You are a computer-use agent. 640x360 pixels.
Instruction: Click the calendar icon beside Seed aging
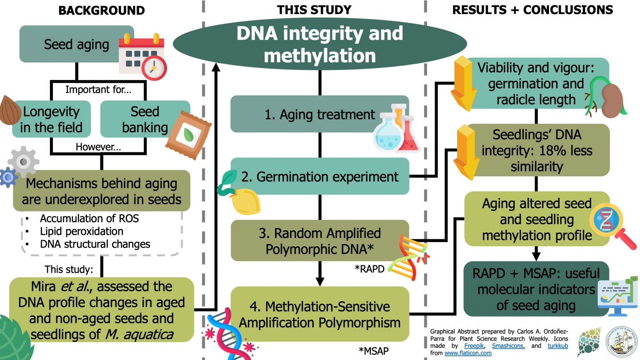(142, 56)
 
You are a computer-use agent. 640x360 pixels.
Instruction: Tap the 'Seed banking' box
(145, 120)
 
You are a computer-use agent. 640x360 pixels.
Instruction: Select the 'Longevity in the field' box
(52, 120)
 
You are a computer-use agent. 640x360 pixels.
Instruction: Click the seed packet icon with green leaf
(188, 135)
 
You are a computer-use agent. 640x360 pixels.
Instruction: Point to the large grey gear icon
(24, 162)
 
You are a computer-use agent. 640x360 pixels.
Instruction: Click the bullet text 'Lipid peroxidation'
(82, 231)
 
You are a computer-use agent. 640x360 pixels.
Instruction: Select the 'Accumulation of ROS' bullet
(89, 218)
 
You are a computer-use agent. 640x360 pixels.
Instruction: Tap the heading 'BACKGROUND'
(101, 10)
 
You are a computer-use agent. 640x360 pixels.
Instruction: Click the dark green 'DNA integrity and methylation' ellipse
(320, 44)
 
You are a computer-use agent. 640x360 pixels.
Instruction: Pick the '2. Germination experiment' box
(320, 177)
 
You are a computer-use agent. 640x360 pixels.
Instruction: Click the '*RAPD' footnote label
(369, 269)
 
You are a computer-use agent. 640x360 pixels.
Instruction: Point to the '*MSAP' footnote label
(373, 351)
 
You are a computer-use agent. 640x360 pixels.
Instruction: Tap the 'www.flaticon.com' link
(468, 353)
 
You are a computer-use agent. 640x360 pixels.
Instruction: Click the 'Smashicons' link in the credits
(508, 346)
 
